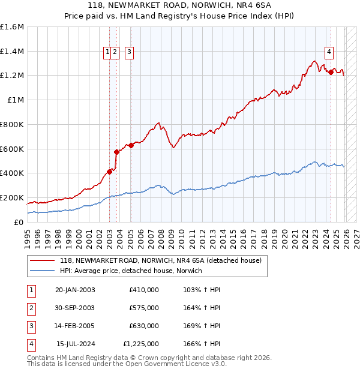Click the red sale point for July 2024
(x=331, y=73)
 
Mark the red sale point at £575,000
(x=116, y=152)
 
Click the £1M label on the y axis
(x=16, y=100)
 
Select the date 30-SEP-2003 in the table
(x=75, y=308)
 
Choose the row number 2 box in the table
(x=31, y=308)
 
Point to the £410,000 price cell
(x=144, y=290)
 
